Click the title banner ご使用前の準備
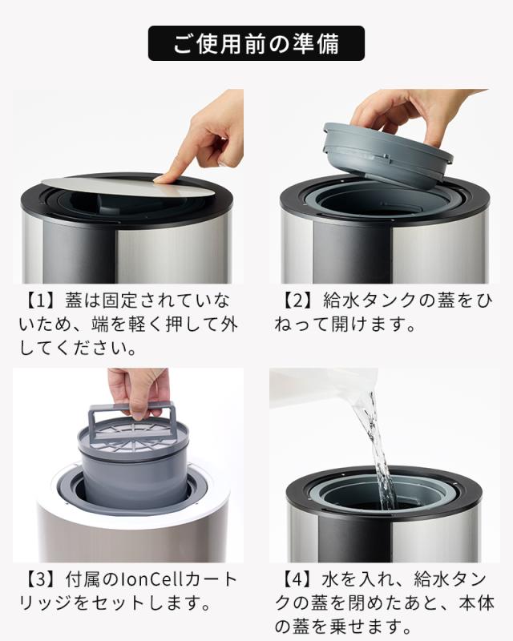(256, 43)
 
